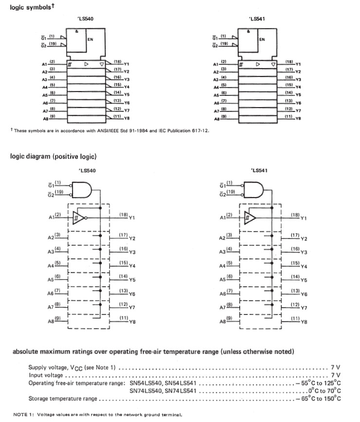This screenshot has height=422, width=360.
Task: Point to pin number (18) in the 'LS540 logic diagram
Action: (124, 215)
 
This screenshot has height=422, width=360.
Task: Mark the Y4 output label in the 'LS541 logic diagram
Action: (304, 267)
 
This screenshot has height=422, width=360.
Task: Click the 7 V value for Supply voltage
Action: (336, 367)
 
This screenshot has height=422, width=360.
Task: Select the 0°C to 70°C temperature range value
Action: (324, 391)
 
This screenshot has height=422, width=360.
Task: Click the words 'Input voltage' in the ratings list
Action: (46, 375)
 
